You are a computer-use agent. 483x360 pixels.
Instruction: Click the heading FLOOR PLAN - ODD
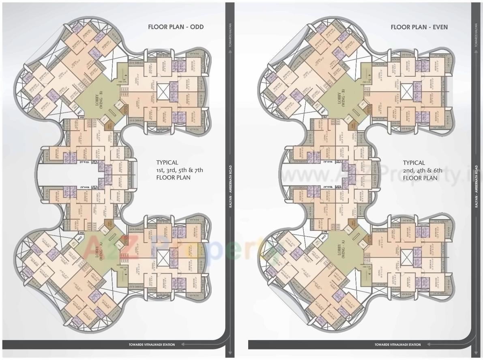coord(176,27)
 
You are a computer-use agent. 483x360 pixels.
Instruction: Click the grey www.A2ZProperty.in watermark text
coord(377,175)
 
